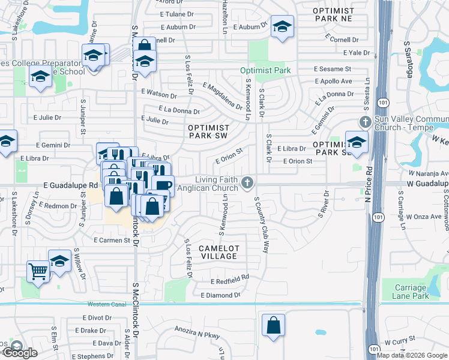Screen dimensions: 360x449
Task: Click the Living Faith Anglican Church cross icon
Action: (247, 182)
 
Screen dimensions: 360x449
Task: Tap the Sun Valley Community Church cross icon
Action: (364, 122)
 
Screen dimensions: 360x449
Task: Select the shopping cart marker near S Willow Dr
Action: (38, 271)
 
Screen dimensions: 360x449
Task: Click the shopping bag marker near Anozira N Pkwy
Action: (273, 325)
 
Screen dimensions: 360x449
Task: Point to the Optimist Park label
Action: (265, 70)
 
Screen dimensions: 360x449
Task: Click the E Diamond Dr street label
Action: (220, 295)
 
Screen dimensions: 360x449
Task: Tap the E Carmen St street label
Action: (112, 240)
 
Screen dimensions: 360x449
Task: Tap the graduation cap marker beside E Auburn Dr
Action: (282, 27)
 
